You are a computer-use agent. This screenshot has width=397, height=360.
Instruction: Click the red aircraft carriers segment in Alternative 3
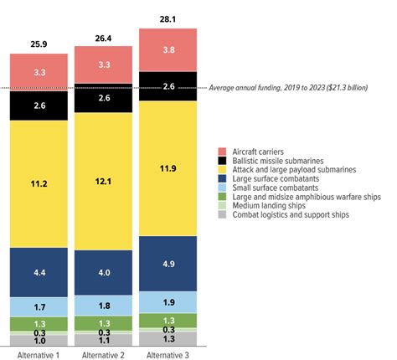(168, 49)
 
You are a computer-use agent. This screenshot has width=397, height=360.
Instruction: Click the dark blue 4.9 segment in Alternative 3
(168, 263)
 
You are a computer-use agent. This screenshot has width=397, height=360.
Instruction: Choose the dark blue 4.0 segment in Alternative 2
(104, 272)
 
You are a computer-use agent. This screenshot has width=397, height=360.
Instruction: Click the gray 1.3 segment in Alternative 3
(168, 338)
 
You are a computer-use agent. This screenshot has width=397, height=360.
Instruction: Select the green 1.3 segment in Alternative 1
(39, 324)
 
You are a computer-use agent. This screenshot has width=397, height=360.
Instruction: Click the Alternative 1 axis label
(39, 354)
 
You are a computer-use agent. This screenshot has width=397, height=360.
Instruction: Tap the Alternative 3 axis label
(168, 354)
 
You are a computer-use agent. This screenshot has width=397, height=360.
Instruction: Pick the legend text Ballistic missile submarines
(279, 159)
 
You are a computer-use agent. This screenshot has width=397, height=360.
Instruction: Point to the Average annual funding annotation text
(296, 87)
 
